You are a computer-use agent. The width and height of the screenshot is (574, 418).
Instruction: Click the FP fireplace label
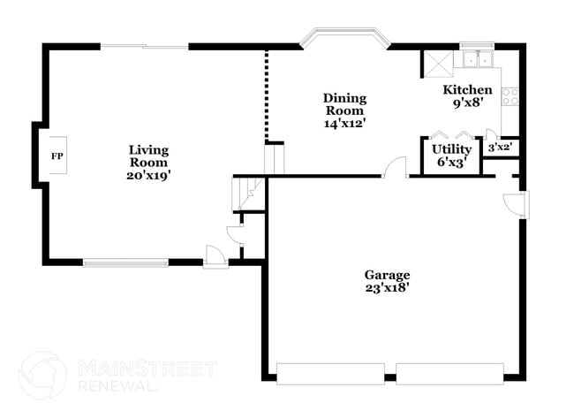click(x=57, y=156)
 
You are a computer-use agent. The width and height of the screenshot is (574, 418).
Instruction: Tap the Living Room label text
click(x=148, y=156)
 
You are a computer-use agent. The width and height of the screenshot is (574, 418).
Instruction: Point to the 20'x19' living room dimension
click(x=148, y=175)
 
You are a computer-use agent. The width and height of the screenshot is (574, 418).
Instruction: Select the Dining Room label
click(x=344, y=104)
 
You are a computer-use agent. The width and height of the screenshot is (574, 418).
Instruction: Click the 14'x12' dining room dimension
click(x=344, y=124)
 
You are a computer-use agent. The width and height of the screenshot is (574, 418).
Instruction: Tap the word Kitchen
click(x=467, y=90)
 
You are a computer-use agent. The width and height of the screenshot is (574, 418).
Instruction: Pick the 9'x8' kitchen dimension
click(x=467, y=103)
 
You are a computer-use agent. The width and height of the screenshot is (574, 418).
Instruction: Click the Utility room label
click(x=451, y=149)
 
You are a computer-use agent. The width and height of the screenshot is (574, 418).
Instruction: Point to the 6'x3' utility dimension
click(x=451, y=162)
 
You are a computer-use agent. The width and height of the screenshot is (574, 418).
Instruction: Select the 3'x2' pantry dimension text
click(x=500, y=148)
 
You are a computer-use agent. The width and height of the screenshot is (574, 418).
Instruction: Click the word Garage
click(x=388, y=275)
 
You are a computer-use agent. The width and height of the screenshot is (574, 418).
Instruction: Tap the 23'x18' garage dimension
click(x=388, y=287)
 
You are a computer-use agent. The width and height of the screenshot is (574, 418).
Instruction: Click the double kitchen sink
click(x=477, y=60)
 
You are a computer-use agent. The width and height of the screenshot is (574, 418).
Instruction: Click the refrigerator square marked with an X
click(x=437, y=63)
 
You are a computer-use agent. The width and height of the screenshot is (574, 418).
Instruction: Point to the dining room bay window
click(x=344, y=39)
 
